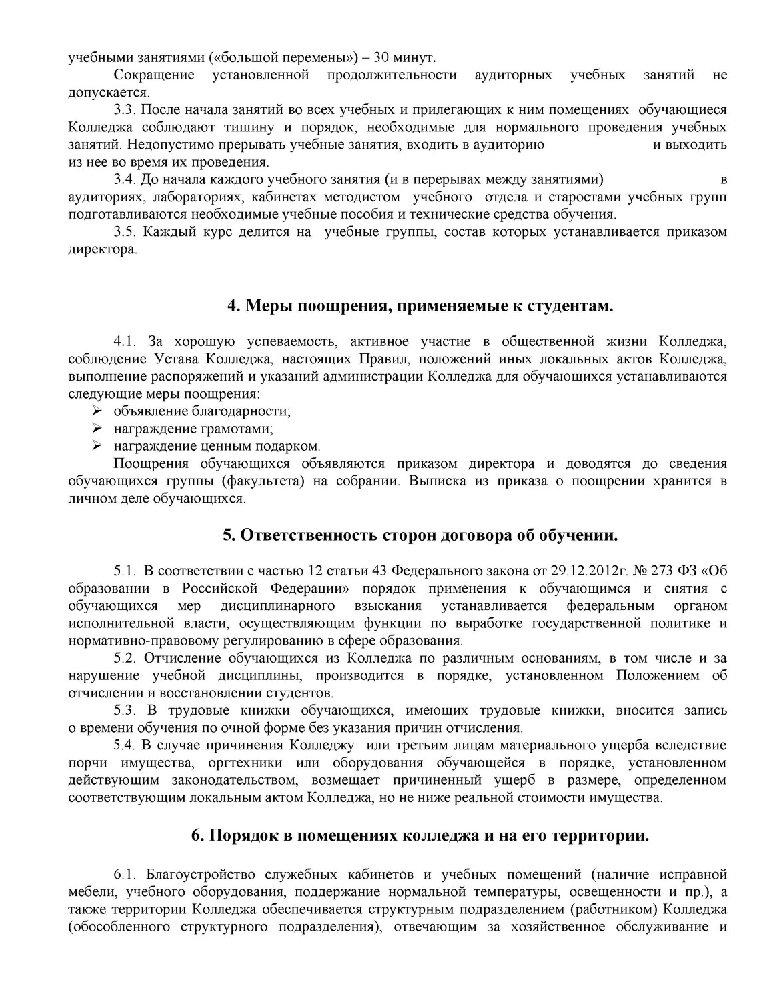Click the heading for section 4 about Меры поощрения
(x=420, y=306)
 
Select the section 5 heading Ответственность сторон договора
(x=420, y=535)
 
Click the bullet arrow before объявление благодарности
(x=97, y=411)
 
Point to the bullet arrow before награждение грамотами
(x=97, y=429)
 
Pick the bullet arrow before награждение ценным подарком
(x=97, y=446)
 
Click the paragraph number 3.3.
(x=125, y=109)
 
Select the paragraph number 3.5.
(x=125, y=232)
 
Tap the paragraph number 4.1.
(x=125, y=342)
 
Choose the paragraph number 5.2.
(x=125, y=659)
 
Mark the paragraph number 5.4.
(x=125, y=745)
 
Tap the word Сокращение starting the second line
(x=154, y=75)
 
